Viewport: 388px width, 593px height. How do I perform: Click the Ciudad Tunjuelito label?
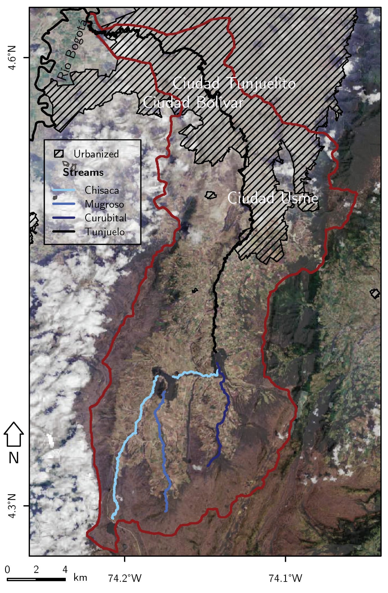point(234,83)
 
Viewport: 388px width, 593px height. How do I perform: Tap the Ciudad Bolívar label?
point(193,102)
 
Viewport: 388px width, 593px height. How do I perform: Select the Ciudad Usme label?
point(272,198)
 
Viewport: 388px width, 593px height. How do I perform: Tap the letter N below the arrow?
point(13,458)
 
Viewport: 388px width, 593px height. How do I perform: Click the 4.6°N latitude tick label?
point(12,58)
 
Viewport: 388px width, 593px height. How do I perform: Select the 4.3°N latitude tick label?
point(12,506)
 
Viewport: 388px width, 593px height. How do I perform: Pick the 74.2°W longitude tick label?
point(125,578)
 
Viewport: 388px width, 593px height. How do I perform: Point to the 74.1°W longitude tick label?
point(285,578)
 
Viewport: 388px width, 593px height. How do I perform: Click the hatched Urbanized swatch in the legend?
point(59,154)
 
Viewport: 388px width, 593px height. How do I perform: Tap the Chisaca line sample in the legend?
point(64,190)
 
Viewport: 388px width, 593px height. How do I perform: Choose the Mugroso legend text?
point(104,204)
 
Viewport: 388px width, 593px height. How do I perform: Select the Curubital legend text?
point(106,218)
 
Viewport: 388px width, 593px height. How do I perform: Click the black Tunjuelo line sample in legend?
point(64,232)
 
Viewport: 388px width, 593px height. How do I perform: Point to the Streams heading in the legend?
point(83,172)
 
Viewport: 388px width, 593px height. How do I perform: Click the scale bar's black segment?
point(51,579)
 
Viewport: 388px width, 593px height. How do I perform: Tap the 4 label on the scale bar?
point(65,569)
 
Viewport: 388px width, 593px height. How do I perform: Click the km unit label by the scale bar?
point(80,578)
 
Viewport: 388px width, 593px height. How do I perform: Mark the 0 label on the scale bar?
point(7,569)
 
